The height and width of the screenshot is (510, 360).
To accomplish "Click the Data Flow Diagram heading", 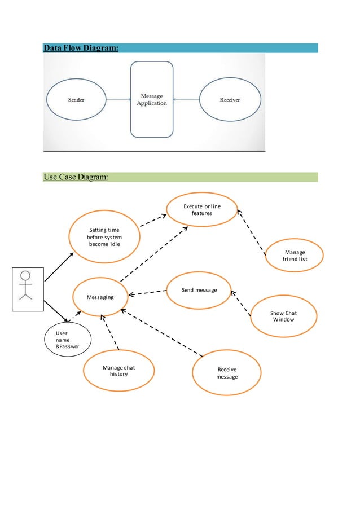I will [x=81, y=49].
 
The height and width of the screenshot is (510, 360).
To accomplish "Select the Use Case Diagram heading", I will [x=76, y=178].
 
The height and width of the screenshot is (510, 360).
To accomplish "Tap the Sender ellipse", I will [x=76, y=100].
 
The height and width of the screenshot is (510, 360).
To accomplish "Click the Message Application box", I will [x=152, y=100].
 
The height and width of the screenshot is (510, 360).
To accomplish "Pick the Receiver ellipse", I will [x=230, y=100].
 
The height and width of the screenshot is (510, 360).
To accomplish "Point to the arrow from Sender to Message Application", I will [x=118, y=100].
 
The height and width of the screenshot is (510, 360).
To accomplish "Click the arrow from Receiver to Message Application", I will [x=187, y=100].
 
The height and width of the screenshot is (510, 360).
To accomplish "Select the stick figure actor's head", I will [x=25, y=276].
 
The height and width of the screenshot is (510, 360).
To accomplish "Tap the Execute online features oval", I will [x=202, y=210].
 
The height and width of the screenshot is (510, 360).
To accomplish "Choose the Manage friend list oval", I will [x=295, y=256].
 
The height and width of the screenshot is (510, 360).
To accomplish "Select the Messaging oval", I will [x=100, y=297].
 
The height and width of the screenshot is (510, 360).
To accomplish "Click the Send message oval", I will [x=199, y=290].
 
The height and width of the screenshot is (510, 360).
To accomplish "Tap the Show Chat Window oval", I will [x=283, y=316].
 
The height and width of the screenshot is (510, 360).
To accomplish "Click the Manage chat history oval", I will [x=118, y=371].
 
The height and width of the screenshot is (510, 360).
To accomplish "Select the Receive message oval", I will [x=227, y=373].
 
